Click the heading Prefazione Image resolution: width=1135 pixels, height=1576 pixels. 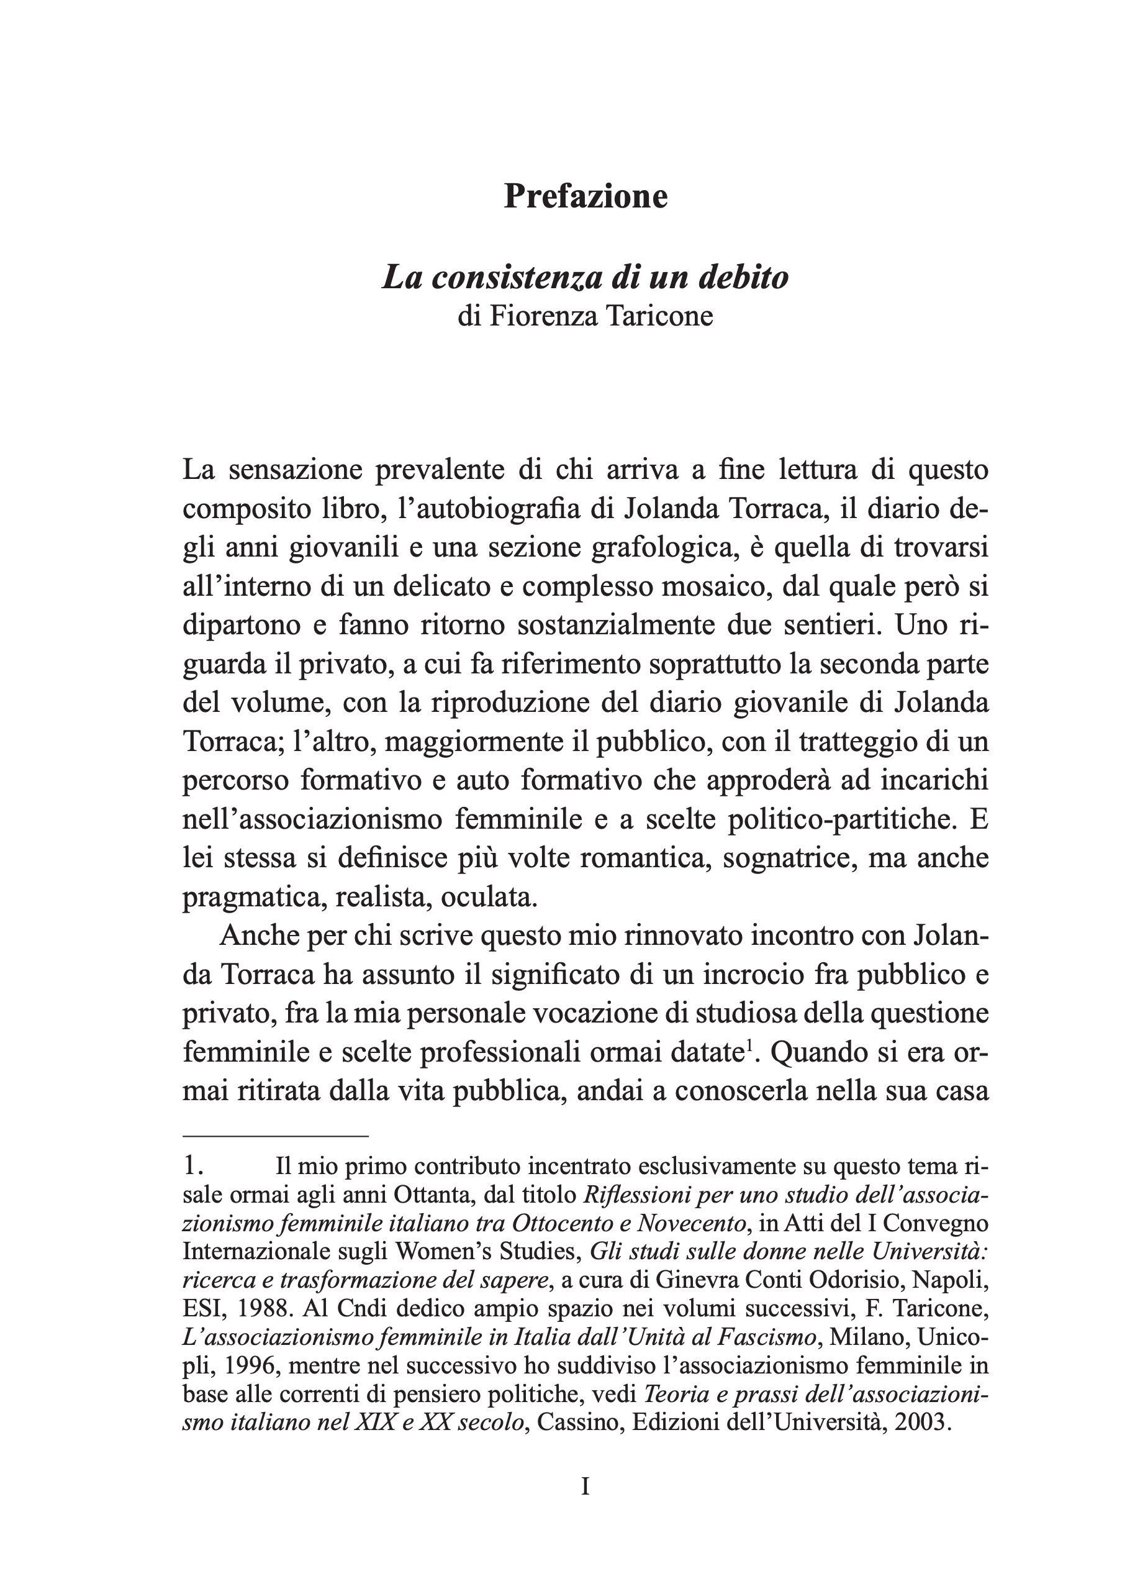point(586,197)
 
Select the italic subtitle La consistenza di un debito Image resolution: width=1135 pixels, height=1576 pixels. point(586,277)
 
